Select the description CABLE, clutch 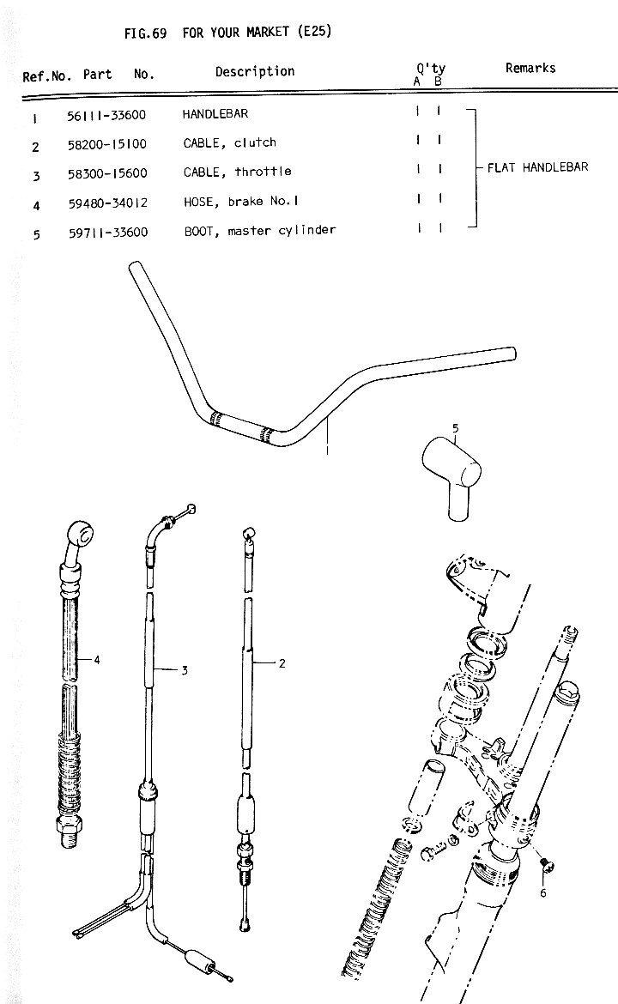pyautogui.click(x=229, y=143)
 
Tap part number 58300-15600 pyautogui.click(x=108, y=174)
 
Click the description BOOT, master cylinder pyautogui.click(x=259, y=231)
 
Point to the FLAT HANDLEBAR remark pyautogui.click(x=537, y=167)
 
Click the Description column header pyautogui.click(x=254, y=72)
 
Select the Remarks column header pyautogui.click(x=530, y=69)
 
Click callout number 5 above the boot pyautogui.click(x=455, y=427)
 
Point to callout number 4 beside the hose pyautogui.click(x=97, y=659)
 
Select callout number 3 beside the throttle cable pyautogui.click(x=184, y=670)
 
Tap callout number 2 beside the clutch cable pyautogui.click(x=282, y=662)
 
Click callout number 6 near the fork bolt pyautogui.click(x=542, y=892)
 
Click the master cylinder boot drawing pyautogui.click(x=453, y=476)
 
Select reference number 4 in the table pyautogui.click(x=37, y=206)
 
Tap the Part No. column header pyautogui.click(x=118, y=75)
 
